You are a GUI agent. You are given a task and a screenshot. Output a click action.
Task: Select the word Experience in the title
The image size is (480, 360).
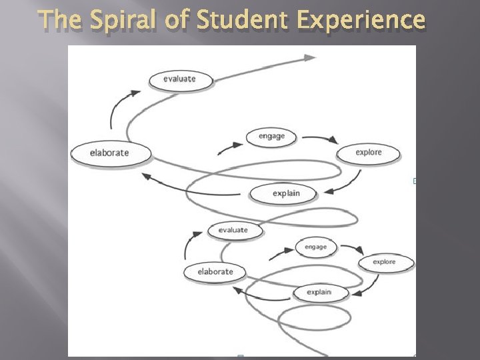[x=359, y=19]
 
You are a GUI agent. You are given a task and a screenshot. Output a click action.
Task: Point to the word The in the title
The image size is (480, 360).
[x=61, y=19]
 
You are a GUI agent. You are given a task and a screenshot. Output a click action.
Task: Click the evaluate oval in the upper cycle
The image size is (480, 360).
[x=179, y=79]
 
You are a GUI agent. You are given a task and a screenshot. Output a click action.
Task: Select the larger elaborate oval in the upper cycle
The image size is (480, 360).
[x=110, y=153]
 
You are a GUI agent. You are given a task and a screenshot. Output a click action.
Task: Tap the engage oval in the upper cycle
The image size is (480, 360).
[x=271, y=137]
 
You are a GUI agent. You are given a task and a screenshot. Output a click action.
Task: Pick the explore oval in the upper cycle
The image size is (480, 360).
[x=368, y=153]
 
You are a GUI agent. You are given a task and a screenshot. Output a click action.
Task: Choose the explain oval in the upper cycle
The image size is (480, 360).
[x=286, y=193]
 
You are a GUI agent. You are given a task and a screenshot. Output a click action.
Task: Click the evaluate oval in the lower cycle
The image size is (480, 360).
[x=233, y=231]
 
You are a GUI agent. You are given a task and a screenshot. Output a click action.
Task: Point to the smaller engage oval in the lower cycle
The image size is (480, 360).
[x=315, y=247]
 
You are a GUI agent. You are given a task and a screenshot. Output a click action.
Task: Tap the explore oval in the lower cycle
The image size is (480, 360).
[x=385, y=262]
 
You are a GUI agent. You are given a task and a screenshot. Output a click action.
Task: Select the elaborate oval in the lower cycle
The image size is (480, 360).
[x=215, y=271]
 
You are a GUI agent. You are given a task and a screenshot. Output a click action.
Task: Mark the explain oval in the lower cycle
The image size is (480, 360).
[x=319, y=292]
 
